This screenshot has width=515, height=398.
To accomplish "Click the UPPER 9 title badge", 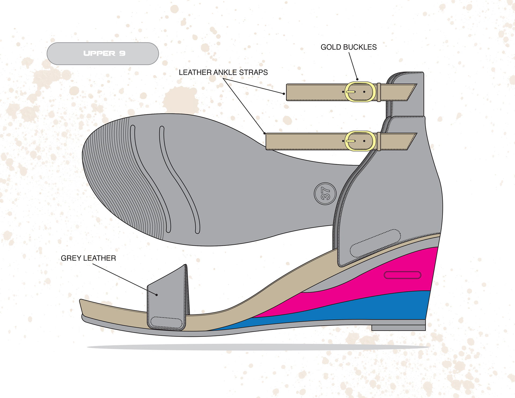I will point(103,54).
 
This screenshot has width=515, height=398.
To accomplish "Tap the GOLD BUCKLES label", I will point(348,47).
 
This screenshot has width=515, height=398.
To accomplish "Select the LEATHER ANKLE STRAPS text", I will point(223,72).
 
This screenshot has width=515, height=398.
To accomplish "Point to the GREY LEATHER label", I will point(88,258).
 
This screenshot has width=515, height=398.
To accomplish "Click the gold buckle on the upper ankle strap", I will point(360,92).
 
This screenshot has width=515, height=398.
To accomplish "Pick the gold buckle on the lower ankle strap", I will point(360,141).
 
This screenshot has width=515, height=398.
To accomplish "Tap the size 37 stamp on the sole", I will point(325,194).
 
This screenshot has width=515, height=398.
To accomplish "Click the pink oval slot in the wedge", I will point(402,275).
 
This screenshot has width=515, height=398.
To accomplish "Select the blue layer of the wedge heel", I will point(376,308).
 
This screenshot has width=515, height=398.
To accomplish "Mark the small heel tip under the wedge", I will point(398,328).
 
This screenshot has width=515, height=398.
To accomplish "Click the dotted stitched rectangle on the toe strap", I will point(166,322).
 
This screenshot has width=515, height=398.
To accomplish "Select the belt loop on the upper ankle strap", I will point(379,92).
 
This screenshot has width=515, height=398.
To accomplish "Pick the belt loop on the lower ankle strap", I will point(379,141).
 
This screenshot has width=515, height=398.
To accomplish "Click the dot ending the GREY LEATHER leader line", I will point(157,295).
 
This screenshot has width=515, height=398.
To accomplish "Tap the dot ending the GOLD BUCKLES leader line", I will point(357,79).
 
